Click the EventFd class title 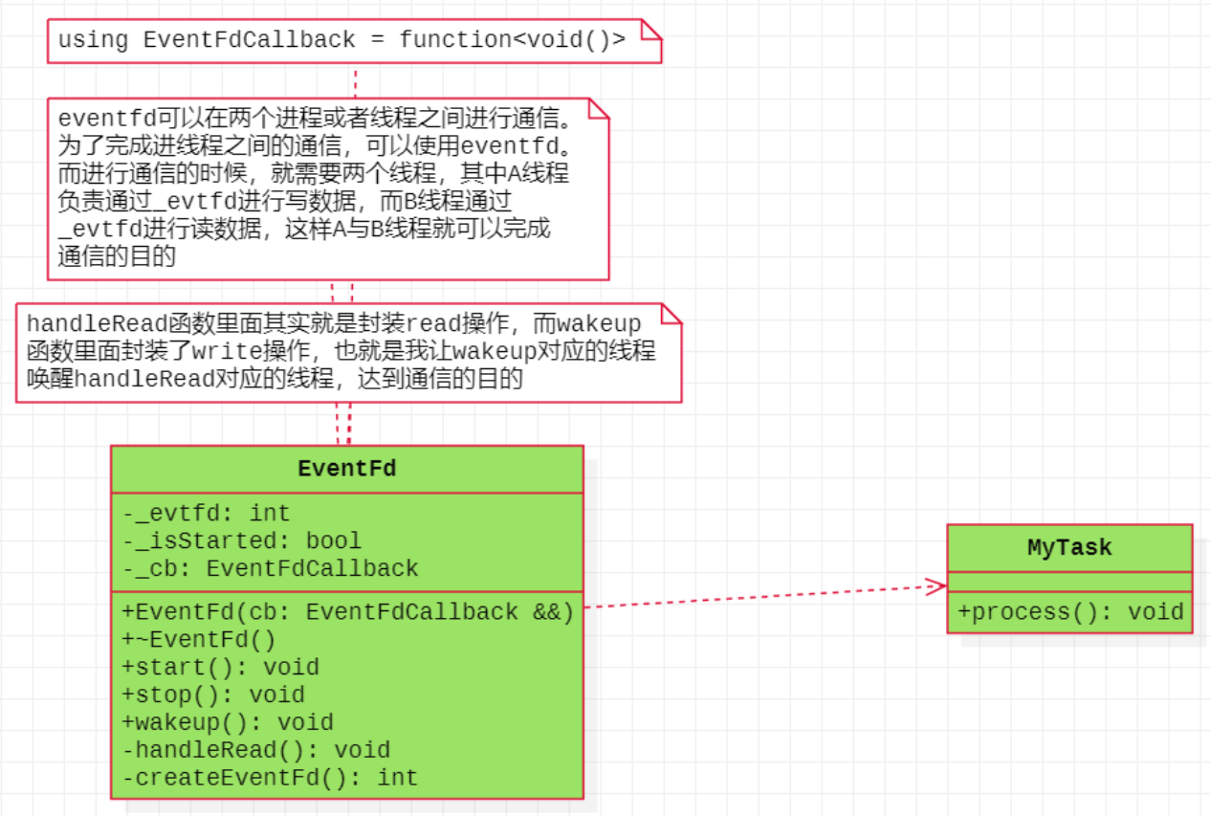pos(346,469)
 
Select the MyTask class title pos(1069,548)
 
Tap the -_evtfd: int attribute pos(206,513)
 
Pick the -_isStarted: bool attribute pos(242,540)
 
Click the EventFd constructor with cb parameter pos(347,612)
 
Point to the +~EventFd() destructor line pos(199,640)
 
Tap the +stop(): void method pos(213,695)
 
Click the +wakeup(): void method pos(228,722)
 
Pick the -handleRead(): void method pos(256,750)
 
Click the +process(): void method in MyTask pos(1071,612)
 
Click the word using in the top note pos(93,40)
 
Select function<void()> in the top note pos(513,40)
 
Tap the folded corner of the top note pos(651,30)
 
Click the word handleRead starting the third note pos(98,323)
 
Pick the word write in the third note pos(228,351)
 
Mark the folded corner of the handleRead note pos(672,314)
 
